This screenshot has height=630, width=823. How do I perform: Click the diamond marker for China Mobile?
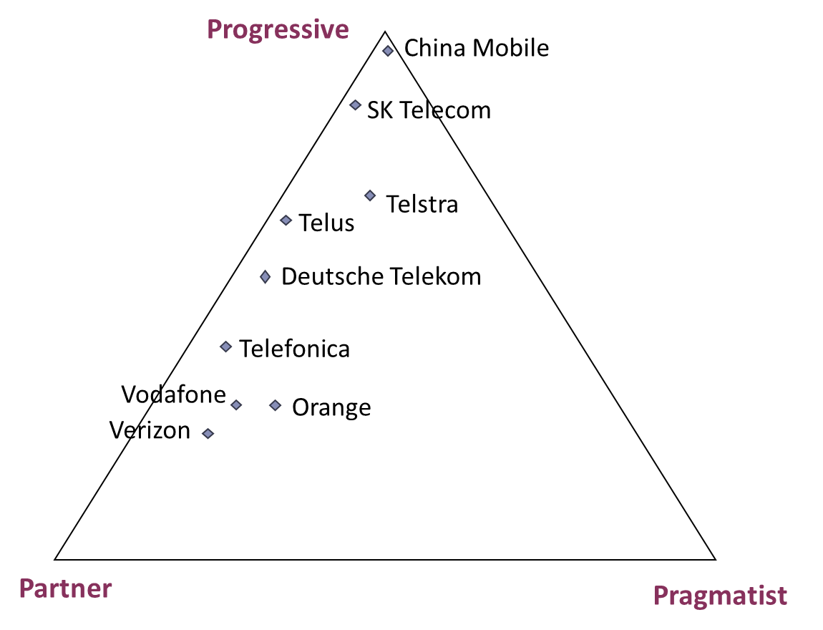coord(388,51)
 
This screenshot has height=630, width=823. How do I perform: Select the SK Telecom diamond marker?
coord(356,105)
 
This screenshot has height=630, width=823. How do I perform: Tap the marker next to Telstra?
coord(370,196)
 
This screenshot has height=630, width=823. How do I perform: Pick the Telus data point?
coord(286,220)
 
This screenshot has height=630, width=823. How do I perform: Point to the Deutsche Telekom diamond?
coord(266,276)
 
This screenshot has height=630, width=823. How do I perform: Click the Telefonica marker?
coord(225,347)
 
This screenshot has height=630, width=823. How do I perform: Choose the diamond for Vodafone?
coord(237,404)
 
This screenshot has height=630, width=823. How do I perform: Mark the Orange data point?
coord(276,405)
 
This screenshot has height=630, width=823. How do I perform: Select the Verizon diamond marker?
coord(208,434)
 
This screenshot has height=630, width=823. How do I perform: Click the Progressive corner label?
coord(278,29)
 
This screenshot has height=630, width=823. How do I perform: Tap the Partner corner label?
coord(66,588)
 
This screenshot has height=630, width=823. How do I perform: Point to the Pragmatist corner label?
coord(720,596)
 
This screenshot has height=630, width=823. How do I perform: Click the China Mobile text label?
coord(477,48)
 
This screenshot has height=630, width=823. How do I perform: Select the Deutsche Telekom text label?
coord(381,276)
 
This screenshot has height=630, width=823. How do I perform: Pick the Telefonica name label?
coord(294,349)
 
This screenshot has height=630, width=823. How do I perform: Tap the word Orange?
coord(332,408)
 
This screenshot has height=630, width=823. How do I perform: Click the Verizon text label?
coord(150,430)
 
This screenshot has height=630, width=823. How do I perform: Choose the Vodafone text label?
coord(174,394)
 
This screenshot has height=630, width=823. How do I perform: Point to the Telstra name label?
coord(422,204)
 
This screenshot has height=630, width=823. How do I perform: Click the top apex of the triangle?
coord(385,32)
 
